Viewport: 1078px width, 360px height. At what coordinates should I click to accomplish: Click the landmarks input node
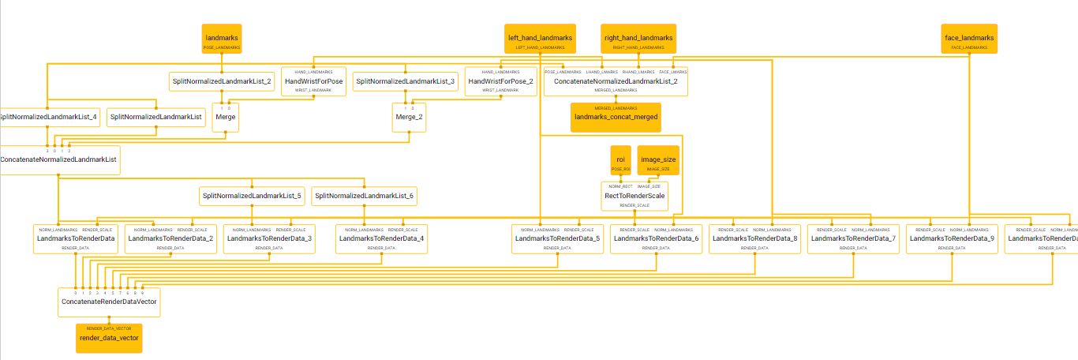click(x=222, y=39)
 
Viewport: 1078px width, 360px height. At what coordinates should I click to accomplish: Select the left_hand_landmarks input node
click(x=541, y=39)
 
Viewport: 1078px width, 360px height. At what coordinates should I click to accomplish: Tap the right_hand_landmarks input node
click(x=638, y=39)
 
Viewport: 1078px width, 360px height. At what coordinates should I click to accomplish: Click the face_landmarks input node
click(x=969, y=39)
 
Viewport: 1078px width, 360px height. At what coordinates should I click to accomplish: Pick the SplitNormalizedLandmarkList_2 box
click(x=221, y=81)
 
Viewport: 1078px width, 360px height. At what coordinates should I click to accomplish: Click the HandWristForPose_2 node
click(x=500, y=81)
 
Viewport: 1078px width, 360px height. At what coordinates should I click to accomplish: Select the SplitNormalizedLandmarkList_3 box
click(x=405, y=81)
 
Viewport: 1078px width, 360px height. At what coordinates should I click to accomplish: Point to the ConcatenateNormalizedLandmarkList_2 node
click(x=616, y=81)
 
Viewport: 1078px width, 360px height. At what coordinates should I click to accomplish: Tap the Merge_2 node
click(x=409, y=117)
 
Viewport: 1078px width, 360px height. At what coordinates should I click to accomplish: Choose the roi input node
click(x=621, y=160)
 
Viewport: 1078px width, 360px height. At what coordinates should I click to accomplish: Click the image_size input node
click(x=658, y=160)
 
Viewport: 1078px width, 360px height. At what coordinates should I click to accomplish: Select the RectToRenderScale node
click(x=634, y=196)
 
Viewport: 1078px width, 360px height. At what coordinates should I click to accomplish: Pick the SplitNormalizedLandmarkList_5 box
click(x=252, y=195)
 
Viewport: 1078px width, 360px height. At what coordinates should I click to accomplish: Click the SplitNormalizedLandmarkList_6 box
click(x=364, y=195)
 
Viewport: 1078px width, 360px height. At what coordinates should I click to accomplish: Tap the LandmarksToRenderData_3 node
click(x=269, y=238)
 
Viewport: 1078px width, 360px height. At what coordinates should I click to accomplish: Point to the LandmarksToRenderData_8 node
click(x=755, y=238)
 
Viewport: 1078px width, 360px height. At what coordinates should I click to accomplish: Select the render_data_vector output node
click(x=109, y=337)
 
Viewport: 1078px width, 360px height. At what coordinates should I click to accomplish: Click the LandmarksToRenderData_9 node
click(x=952, y=238)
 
